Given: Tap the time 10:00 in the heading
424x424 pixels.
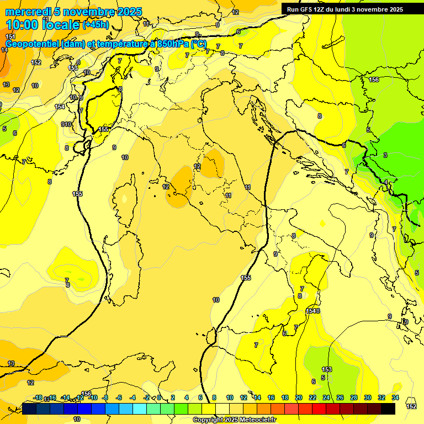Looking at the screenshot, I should click(x=25, y=25).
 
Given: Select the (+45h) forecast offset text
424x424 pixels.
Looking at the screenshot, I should click(x=96, y=25).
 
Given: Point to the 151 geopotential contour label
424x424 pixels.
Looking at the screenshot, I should click(x=10, y=36).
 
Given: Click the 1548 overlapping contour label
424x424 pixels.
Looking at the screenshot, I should click(x=313, y=311).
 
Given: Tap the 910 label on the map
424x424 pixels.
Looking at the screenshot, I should click(x=66, y=124).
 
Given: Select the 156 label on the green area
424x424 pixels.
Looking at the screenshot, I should click(x=374, y=80).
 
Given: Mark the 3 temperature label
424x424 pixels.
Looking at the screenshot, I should click(x=385, y=155).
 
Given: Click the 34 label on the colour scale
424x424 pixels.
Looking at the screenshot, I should click(x=395, y=397).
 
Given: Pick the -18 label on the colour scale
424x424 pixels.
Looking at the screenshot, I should click(x=38, y=397).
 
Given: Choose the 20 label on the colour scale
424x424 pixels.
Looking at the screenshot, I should click(x=298, y=397).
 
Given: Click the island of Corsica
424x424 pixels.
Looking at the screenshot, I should click(x=125, y=197).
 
